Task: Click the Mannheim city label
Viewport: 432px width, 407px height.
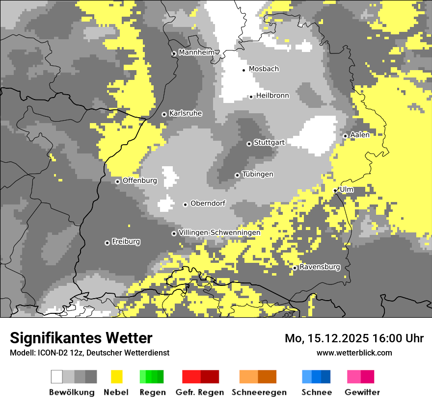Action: (196, 52)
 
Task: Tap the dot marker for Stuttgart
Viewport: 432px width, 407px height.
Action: (249, 144)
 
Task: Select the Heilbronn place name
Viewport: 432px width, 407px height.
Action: (272, 96)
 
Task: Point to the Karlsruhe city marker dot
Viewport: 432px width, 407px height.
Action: (164, 114)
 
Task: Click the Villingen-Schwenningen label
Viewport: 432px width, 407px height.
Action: (219, 232)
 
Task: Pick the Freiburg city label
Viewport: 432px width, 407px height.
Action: (126, 241)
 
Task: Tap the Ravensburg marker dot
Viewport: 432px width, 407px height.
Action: (295, 268)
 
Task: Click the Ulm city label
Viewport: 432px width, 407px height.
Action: (346, 189)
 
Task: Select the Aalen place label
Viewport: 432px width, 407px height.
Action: (360, 135)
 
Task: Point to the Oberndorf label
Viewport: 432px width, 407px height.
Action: (208, 203)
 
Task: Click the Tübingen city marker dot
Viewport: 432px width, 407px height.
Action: (237, 175)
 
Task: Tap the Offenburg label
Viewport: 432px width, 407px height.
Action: (139, 180)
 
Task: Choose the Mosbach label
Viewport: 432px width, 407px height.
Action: (264, 69)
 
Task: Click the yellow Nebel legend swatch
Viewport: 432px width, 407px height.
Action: (116, 377)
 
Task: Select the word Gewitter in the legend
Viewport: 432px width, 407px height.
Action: (362, 392)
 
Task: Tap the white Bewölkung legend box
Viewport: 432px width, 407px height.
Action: (57, 377)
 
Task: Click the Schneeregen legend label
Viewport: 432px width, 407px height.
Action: (259, 392)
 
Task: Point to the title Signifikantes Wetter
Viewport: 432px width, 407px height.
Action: (81, 338)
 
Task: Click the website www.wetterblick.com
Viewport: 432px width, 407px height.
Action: (354, 353)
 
